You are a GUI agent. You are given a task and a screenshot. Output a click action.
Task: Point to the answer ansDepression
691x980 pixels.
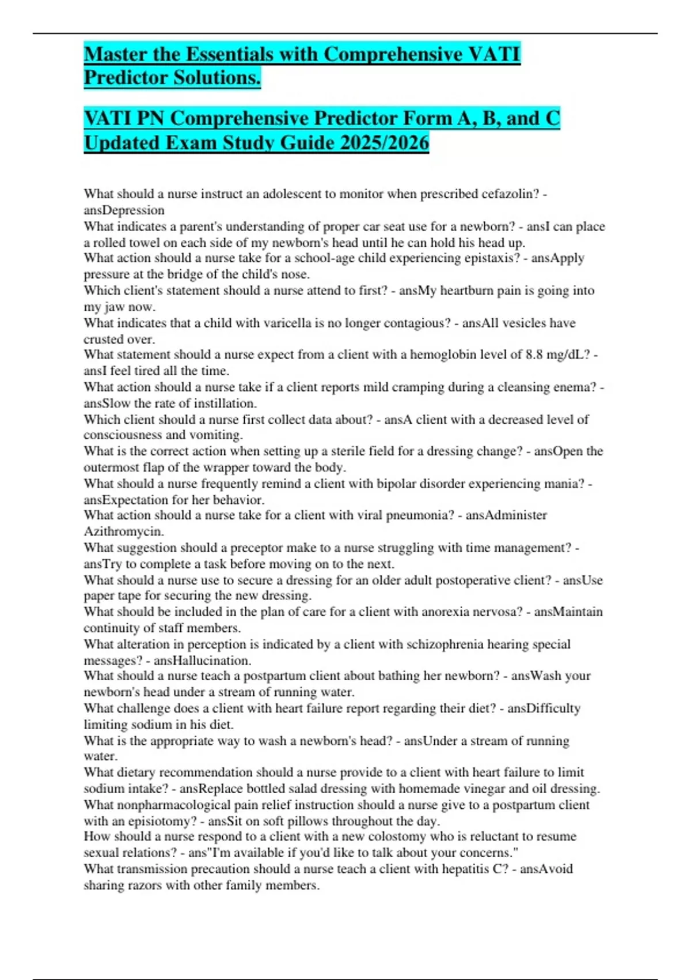click(124, 210)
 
